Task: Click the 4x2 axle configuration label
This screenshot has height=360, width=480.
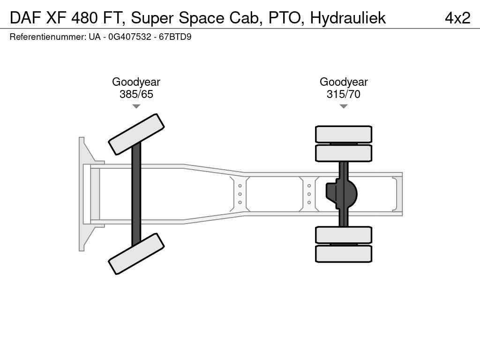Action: click(x=457, y=18)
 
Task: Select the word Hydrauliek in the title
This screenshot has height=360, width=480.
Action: click(x=348, y=18)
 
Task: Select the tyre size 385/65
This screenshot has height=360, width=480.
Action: click(x=136, y=94)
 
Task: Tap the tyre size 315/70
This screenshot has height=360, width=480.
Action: click(x=344, y=94)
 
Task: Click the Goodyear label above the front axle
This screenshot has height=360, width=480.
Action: click(x=136, y=82)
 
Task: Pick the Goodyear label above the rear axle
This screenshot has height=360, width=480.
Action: click(x=344, y=82)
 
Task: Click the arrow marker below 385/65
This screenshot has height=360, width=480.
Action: click(x=136, y=106)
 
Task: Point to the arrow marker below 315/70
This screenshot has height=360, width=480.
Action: click(x=344, y=106)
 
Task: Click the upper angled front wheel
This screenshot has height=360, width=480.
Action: click(x=136, y=134)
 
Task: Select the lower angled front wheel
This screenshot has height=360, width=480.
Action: click(x=136, y=254)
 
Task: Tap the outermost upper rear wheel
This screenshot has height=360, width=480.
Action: click(x=344, y=134)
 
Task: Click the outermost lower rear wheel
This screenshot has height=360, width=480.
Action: click(x=344, y=254)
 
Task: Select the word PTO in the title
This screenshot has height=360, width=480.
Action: click(x=283, y=18)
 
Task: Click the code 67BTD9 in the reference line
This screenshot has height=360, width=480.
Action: click(x=175, y=37)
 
